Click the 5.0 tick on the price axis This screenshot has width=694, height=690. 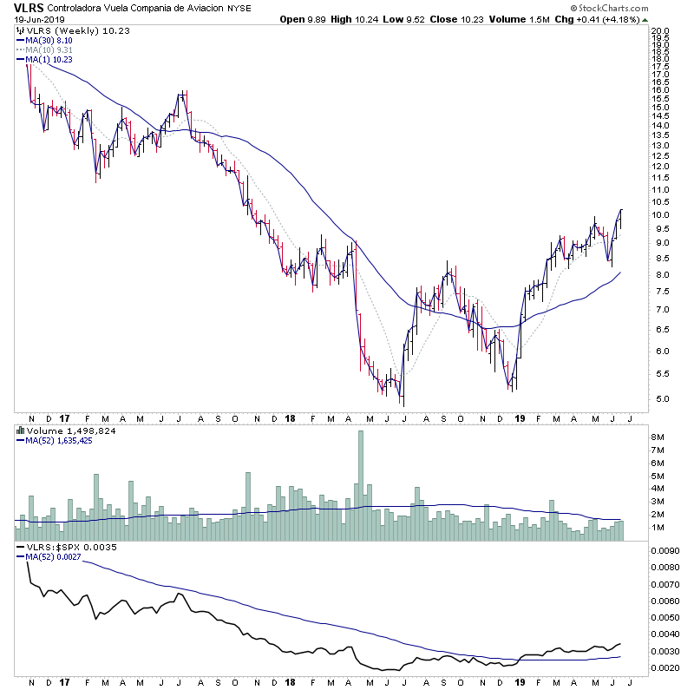click(x=661, y=399)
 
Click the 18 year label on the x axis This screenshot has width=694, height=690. click(x=289, y=419)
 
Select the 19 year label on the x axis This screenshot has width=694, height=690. click(x=518, y=419)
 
